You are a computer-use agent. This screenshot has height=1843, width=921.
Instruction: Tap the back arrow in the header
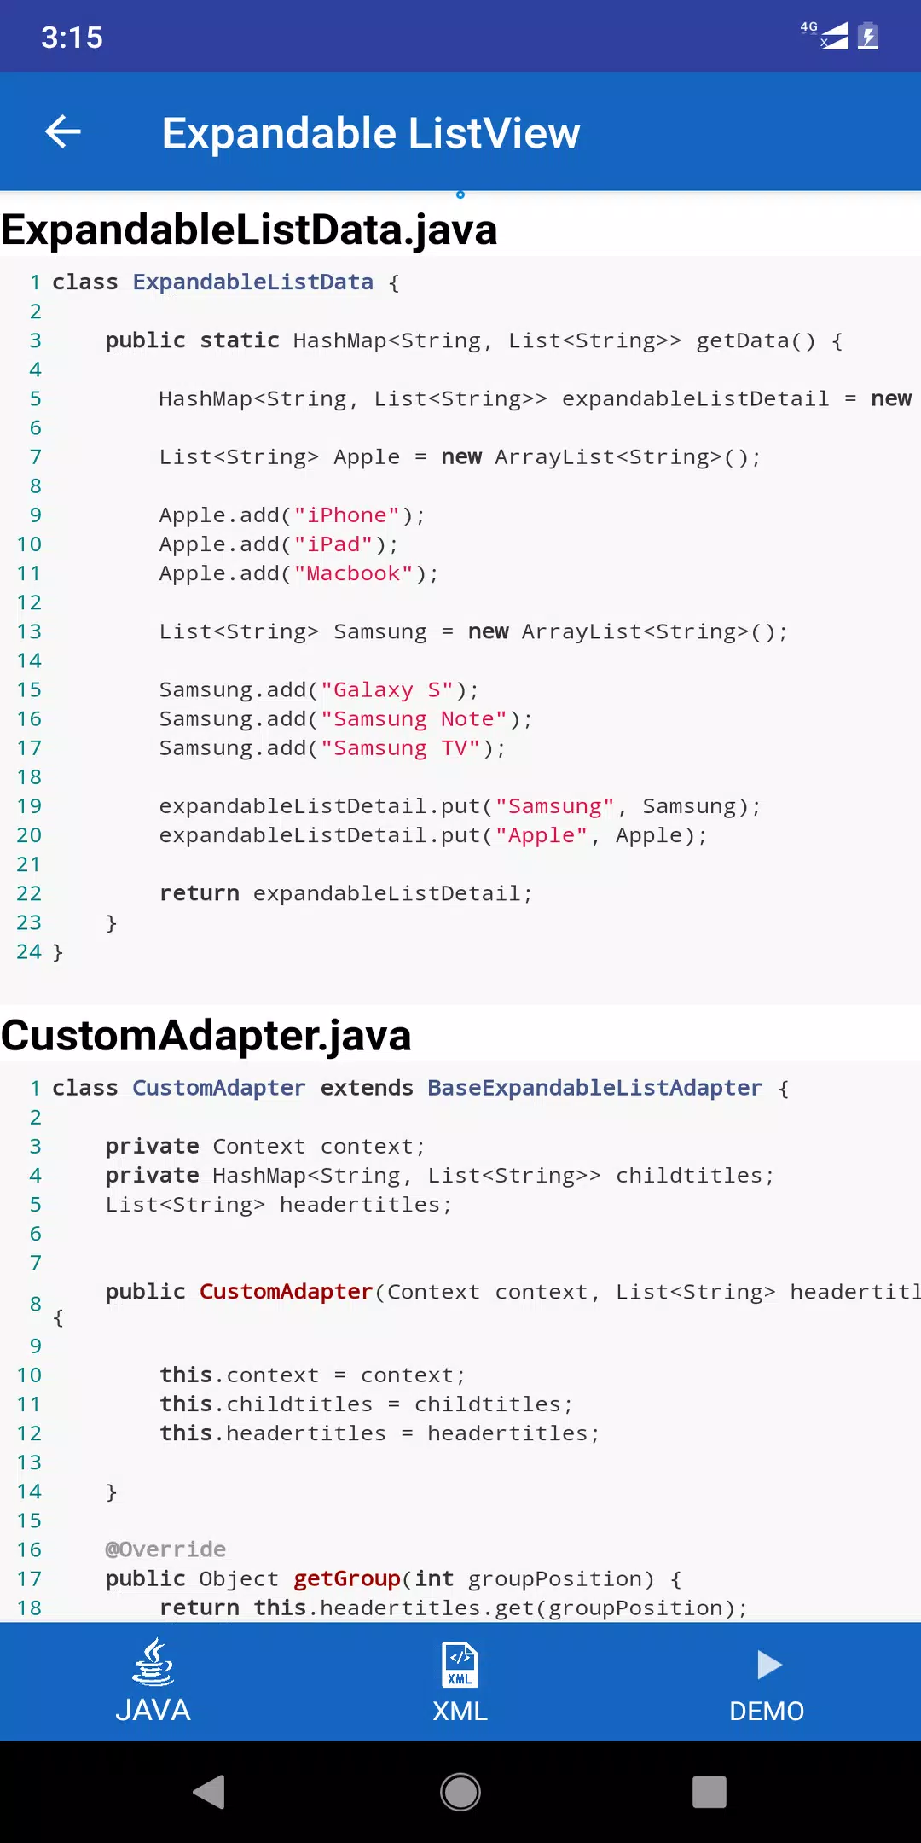(x=63, y=131)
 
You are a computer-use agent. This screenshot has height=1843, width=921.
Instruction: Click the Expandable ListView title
(x=371, y=133)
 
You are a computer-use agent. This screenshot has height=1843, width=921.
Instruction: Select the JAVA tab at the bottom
(x=153, y=1681)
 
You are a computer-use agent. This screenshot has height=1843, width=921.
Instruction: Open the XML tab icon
(x=460, y=1665)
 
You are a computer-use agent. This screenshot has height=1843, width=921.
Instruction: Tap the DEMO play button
(x=769, y=1665)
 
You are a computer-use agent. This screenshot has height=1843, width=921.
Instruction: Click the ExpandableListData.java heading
(x=249, y=230)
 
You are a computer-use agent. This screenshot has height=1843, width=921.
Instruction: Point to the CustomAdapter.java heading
(x=206, y=1036)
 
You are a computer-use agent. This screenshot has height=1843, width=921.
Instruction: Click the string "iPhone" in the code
(x=347, y=515)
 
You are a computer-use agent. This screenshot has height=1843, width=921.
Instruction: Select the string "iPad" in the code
(x=333, y=544)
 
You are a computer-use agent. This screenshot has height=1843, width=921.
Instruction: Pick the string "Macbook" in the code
(x=354, y=573)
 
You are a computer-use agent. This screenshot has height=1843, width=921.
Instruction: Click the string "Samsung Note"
(x=414, y=719)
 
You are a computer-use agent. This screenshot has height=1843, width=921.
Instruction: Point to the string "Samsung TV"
(x=401, y=748)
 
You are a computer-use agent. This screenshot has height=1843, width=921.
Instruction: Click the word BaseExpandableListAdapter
(x=594, y=1088)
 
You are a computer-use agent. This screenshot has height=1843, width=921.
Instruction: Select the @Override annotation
(x=165, y=1549)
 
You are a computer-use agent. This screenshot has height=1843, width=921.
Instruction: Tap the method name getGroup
(x=347, y=1579)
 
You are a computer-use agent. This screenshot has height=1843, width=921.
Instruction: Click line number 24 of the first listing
(x=29, y=951)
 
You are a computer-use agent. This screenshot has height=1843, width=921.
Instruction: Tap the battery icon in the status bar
(x=868, y=36)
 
